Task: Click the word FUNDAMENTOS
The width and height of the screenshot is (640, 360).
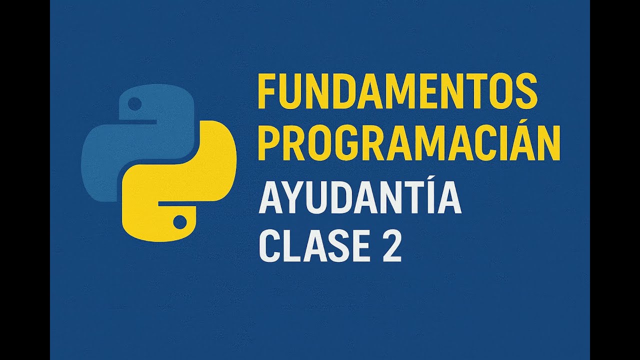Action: [397, 91]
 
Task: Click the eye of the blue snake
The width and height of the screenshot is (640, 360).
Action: [135, 103]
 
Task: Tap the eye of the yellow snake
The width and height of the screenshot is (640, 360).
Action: [179, 221]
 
